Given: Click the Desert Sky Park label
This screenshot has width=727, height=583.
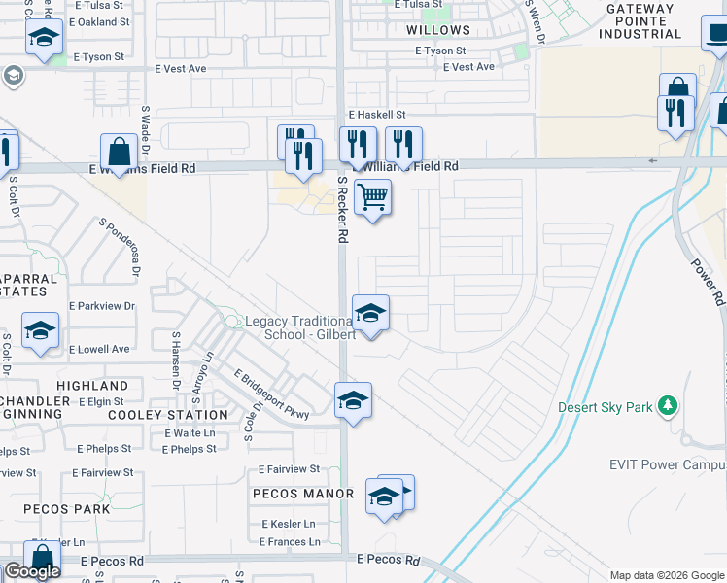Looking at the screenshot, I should click(605, 408).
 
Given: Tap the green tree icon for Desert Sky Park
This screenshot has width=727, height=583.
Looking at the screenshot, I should click(667, 405).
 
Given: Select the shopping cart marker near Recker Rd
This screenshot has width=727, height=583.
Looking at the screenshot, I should click(372, 198).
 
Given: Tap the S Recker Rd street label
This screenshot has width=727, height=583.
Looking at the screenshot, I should click(342, 210).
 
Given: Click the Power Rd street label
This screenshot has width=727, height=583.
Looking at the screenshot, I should click(708, 282).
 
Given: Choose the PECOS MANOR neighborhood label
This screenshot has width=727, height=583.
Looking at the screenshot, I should click(303, 494).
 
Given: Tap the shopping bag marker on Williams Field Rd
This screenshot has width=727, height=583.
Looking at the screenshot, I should click(119, 154).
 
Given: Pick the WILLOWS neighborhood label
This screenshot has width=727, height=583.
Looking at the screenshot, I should click(438, 31).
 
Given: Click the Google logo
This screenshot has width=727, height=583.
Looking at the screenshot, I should click(32, 571).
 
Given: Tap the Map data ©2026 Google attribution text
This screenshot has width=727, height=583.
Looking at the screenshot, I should click(666, 575).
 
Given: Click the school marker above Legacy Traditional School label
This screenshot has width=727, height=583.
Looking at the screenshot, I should click(370, 314).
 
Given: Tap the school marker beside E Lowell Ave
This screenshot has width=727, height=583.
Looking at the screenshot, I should click(41, 331).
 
